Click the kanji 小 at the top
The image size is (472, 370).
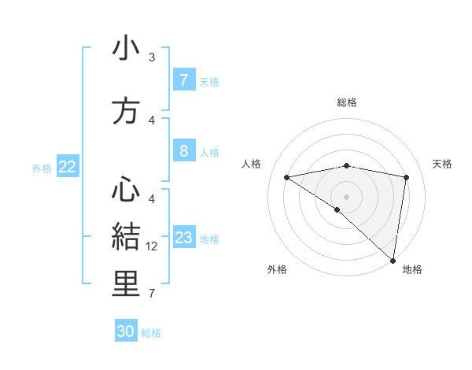[127, 49]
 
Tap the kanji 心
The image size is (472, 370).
[127, 188]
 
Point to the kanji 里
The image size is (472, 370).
[127, 284]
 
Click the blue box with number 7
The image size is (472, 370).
[183, 80]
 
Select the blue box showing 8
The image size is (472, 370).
[183, 151]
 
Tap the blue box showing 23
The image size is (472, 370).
[184, 238]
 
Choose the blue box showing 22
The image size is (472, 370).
[68, 167]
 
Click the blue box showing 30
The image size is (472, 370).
[126, 331]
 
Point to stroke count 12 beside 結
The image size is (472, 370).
[153, 246]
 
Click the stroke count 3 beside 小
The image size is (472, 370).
[152, 57]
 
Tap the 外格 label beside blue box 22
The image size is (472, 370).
[42, 168]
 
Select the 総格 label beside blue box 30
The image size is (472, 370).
[151, 333]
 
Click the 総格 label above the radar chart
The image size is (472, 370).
[346, 102]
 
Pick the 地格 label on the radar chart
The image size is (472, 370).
[412, 269]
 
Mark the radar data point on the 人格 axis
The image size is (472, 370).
[287, 177]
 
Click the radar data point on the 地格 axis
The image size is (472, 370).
[393, 260]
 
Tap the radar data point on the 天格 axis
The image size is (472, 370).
[406, 177]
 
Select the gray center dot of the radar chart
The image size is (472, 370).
[346, 195]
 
